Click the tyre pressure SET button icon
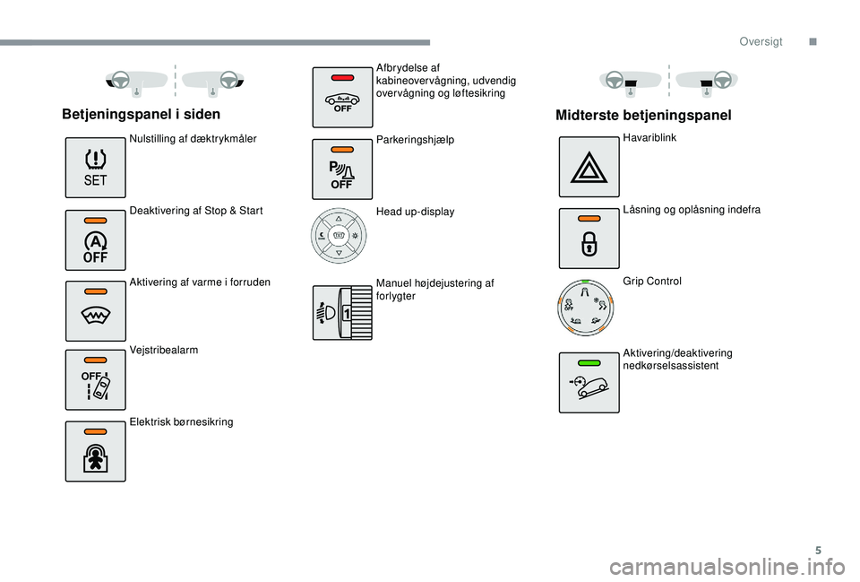pos(96,168)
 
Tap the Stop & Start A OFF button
pos(96,240)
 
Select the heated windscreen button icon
pos(96,311)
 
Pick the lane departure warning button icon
pos(96,380)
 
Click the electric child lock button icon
pos(96,451)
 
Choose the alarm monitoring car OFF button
pos(342,97)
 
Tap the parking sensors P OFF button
pos(342,169)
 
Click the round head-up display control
pos(339,236)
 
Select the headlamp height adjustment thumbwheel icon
pos(342,312)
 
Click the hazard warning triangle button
pos(589,167)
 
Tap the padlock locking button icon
pos(589,239)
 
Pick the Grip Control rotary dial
pos(585,308)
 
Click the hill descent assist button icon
pos(589,383)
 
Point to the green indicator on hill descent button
pos(589,363)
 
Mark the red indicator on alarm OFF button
pos(342,77)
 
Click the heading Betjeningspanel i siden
pos(141,114)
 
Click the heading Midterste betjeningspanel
pos(643,116)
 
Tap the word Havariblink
pos(649,138)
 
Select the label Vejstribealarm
pos(163,351)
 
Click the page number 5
pos(818,551)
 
